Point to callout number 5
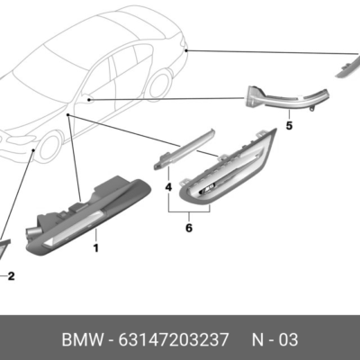click(289, 127)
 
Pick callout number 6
click(188, 229)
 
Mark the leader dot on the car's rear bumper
click(185, 52)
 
